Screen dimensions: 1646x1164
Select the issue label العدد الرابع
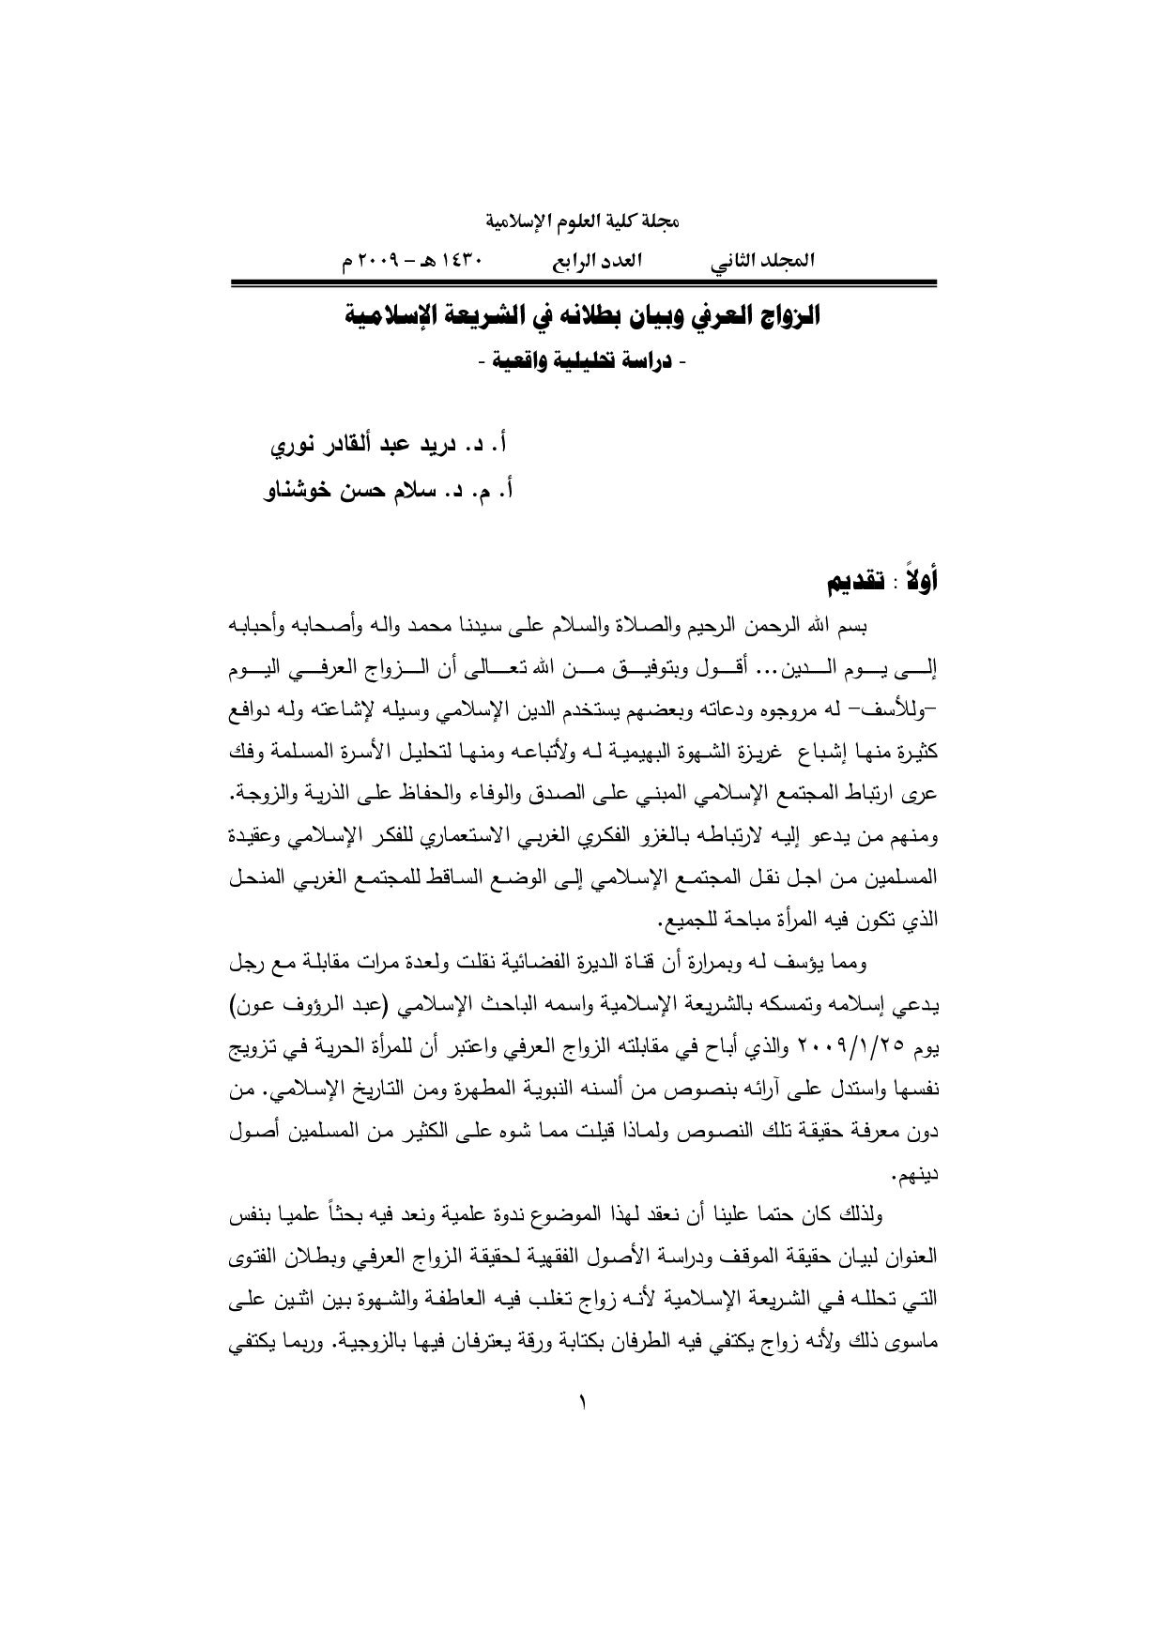pyautogui.click(x=596, y=261)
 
